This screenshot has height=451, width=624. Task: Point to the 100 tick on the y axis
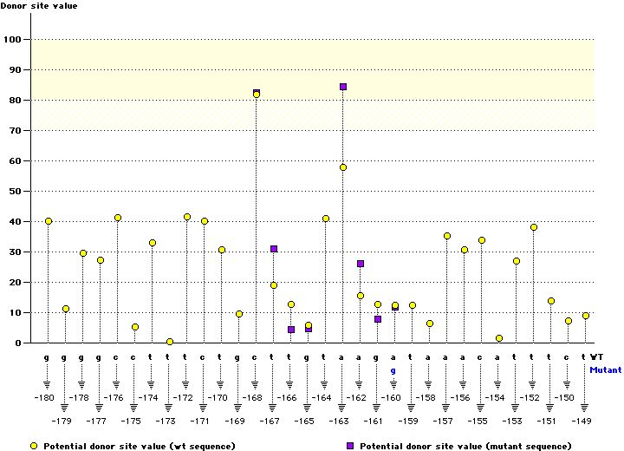coord(15,40)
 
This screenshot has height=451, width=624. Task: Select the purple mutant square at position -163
coord(343,87)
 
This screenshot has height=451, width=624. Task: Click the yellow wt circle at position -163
coord(343,167)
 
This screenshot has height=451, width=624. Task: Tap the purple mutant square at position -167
coord(274,249)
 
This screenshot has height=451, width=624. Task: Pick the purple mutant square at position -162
coord(361,264)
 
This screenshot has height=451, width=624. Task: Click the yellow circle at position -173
coord(170,342)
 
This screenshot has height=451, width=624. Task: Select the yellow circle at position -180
coord(49,221)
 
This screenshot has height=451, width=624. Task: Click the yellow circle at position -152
coord(534,227)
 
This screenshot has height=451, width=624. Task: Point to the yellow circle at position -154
coord(499,338)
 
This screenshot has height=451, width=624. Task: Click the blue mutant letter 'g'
coord(393,369)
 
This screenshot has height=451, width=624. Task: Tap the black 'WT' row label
coord(597,356)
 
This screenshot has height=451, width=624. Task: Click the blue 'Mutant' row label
coord(605,369)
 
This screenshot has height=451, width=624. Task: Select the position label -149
coord(582,421)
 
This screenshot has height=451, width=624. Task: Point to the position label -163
coord(339,421)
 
